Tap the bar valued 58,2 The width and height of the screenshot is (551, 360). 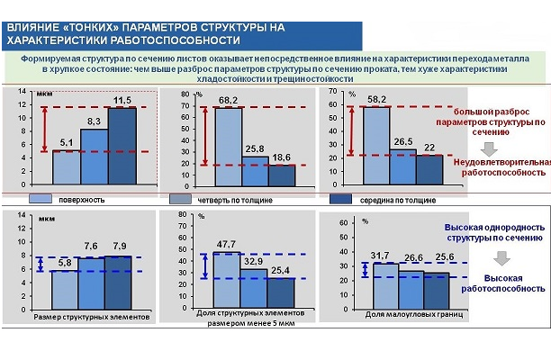click(x=376, y=139)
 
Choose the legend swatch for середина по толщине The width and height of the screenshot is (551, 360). click(x=339, y=199)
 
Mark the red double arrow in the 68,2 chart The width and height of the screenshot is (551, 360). click(x=203, y=136)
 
